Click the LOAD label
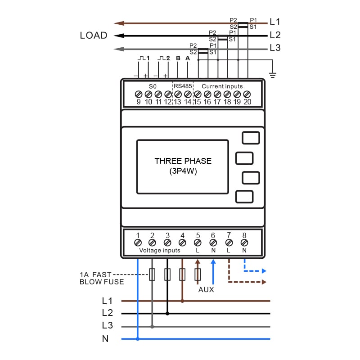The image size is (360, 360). point(94,36)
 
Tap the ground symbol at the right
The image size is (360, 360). point(272,74)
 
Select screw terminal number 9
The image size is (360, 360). point(139,94)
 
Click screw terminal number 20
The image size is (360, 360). point(247,94)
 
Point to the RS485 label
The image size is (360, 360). point(183,86)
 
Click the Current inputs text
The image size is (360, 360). point(222,86)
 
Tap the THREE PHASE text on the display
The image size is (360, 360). point(183,161)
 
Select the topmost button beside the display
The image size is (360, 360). point(251,138)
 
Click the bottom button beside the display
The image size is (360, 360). point(244,197)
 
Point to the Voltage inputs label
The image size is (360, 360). point(160,250)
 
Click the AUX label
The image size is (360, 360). point(206,290)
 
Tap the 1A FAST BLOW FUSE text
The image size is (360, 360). point(102,278)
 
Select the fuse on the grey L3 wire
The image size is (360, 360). point(152,274)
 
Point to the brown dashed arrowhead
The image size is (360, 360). point(264,282)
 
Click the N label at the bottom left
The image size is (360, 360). point(105,339)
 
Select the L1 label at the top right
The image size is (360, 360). point(275,22)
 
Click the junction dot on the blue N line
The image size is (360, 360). point(138,339)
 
